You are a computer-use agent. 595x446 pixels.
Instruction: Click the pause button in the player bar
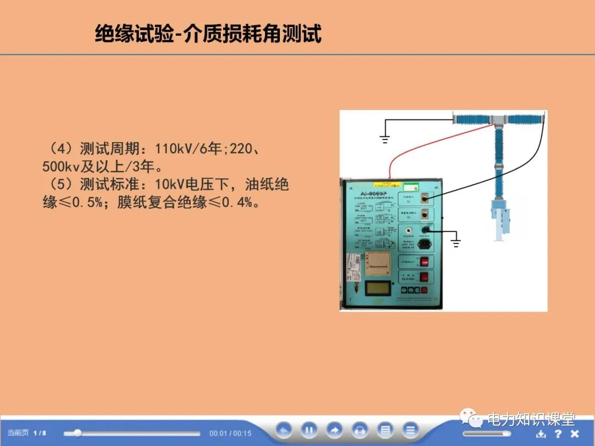pyautogui.click(x=309, y=430)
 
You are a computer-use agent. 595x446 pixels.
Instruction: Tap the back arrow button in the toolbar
pyautogui.click(x=284, y=430)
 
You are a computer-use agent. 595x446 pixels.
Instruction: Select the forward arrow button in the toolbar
pyautogui.click(x=334, y=430)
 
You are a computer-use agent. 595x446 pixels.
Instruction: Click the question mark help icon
pyautogui.click(x=558, y=433)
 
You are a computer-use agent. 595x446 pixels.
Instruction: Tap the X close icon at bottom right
pyautogui.click(x=575, y=433)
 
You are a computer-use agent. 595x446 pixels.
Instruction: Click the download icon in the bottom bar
pyautogui.click(x=540, y=433)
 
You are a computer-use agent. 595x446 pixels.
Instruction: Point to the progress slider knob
pyautogui.click(x=78, y=433)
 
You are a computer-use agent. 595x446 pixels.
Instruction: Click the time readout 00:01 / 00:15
pyautogui.click(x=230, y=433)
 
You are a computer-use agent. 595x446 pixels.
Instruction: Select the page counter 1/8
pyautogui.click(x=40, y=433)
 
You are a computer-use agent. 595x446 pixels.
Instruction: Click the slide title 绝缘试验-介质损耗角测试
pyautogui.click(x=208, y=34)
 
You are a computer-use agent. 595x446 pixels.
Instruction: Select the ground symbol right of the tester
pyautogui.click(x=455, y=241)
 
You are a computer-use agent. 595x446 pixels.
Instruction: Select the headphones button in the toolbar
pyautogui.click(x=360, y=430)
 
